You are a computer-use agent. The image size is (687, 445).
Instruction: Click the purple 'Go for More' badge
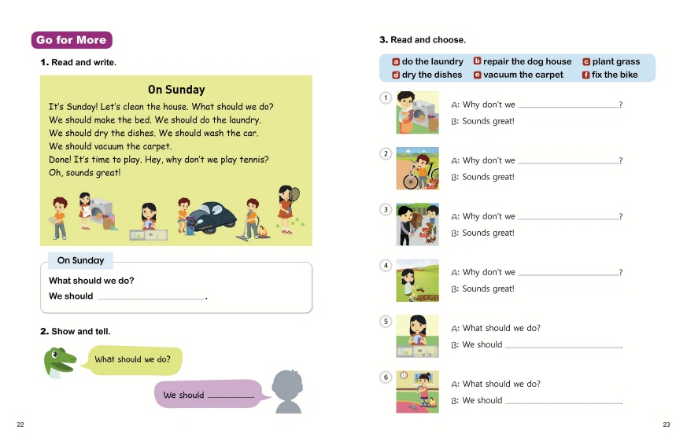point(72,40)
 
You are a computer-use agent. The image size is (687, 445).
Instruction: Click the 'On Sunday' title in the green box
point(176,90)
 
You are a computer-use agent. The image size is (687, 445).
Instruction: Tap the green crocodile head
point(60,361)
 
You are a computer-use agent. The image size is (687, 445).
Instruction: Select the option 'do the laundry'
point(427,61)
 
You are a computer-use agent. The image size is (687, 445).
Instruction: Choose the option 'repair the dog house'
point(523,61)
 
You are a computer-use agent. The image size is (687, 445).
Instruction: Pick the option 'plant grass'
point(611,61)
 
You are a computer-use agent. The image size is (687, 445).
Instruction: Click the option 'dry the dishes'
point(427,75)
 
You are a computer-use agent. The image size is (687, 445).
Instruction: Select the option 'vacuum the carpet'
point(519,75)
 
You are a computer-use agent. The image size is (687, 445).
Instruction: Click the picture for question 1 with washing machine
point(417,112)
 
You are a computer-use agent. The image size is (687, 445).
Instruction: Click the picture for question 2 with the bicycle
point(417,168)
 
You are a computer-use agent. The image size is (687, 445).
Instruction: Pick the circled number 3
point(386,209)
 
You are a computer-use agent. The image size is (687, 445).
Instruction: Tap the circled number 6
point(386,377)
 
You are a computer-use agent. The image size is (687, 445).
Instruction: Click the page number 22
point(20,425)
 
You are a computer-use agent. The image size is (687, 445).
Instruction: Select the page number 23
point(666,425)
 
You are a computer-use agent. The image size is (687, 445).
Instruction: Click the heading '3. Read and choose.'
point(423,40)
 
